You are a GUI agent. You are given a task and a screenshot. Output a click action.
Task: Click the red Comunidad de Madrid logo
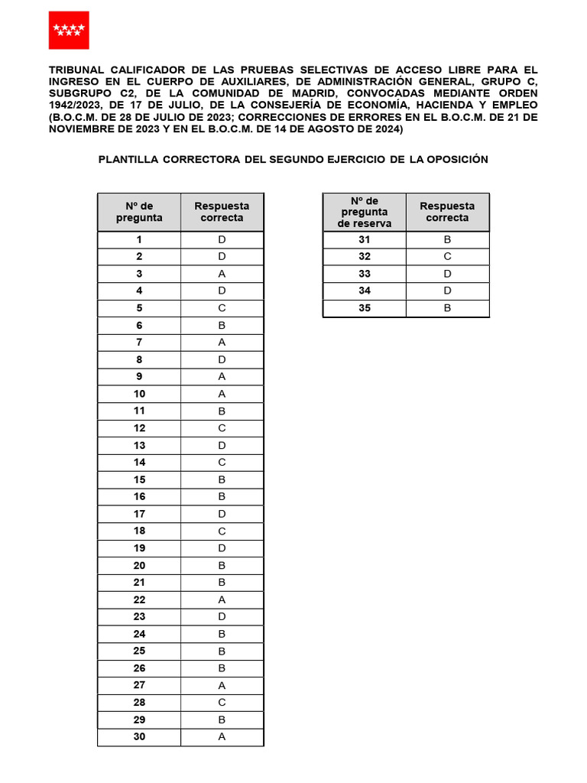[69, 31]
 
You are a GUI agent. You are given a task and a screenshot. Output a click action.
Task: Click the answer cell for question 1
[222, 239]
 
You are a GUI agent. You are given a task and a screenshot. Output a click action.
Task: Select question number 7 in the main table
[139, 343]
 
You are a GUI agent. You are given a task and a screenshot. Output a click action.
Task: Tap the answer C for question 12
[222, 428]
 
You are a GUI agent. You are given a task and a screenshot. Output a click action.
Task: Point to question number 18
[139, 531]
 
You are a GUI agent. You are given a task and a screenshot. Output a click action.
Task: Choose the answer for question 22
[222, 599]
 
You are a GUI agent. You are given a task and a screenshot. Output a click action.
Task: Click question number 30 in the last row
[139, 736]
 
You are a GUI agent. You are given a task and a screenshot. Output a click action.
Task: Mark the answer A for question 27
[222, 685]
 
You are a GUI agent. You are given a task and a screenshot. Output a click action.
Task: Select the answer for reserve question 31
[447, 239]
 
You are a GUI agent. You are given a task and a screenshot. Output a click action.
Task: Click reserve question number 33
[364, 274]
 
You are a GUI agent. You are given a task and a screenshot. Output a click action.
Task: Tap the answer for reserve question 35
[447, 308]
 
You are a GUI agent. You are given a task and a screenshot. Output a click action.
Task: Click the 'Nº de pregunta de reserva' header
[364, 212]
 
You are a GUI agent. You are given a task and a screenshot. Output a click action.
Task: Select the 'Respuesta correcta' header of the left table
[222, 212]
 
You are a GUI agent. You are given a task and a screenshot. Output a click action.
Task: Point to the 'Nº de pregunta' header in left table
[139, 212]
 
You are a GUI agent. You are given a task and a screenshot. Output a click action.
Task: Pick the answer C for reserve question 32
[447, 257]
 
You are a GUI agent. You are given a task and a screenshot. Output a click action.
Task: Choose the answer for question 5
[222, 308]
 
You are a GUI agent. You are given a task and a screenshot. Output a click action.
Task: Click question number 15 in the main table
[139, 479]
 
